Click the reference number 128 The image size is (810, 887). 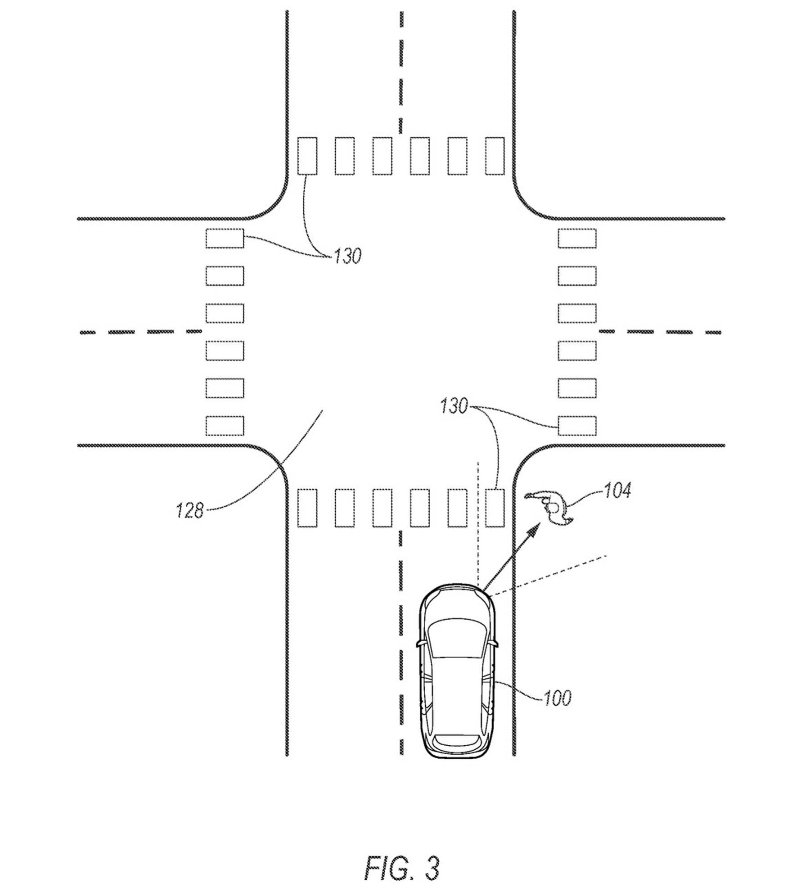189,510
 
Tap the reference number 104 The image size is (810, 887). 617,490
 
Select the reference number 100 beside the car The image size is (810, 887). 557,698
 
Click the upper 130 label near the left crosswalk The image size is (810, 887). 347,256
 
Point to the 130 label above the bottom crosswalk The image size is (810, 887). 454,406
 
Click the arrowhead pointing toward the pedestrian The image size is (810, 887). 534,530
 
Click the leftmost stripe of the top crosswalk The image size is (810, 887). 307,156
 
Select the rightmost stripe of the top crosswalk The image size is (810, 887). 495,156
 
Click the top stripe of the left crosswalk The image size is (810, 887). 225,239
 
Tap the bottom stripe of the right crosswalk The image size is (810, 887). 577,426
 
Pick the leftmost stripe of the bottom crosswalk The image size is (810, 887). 307,508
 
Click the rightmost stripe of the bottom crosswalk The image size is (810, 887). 495,508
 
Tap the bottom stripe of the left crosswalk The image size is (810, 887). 225,426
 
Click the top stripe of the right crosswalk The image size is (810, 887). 577,239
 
